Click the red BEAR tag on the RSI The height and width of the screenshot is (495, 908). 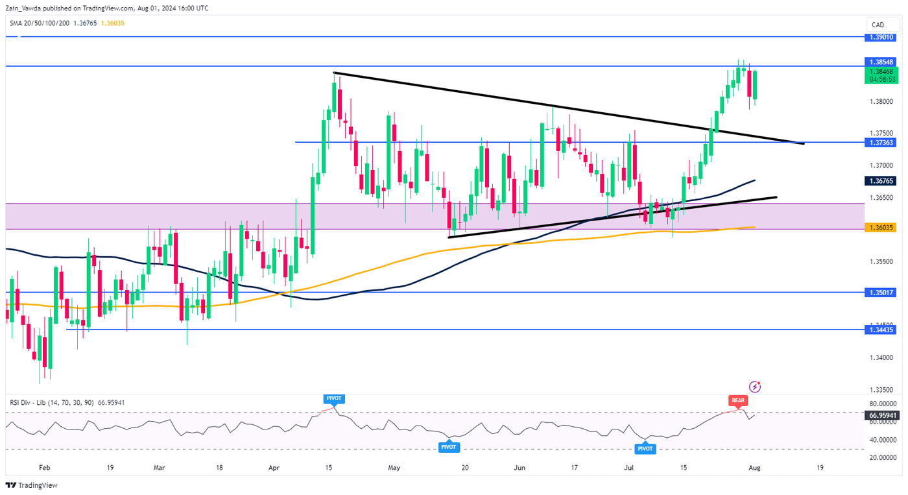(x=738, y=401)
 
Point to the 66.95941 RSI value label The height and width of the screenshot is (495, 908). (x=882, y=415)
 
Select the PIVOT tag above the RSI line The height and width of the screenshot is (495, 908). (x=333, y=396)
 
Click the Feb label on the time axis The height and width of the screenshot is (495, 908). (x=44, y=467)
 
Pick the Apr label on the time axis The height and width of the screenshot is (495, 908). (x=274, y=467)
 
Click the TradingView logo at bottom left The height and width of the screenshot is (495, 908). (x=32, y=485)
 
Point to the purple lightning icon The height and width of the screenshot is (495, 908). (x=755, y=387)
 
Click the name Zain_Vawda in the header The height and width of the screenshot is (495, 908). (x=26, y=8)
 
